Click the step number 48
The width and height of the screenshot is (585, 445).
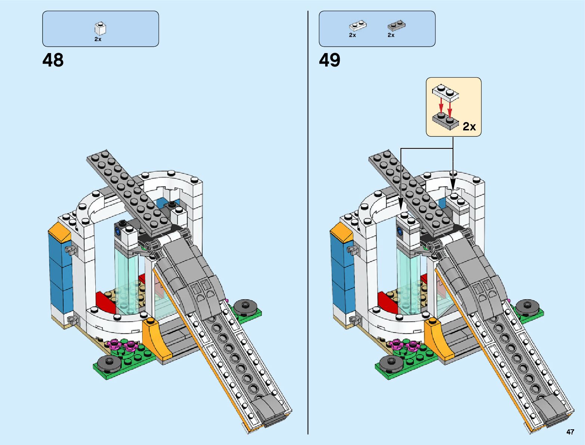tap(53, 60)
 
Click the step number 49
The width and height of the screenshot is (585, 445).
tap(329, 60)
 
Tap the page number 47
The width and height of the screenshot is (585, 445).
tap(570, 432)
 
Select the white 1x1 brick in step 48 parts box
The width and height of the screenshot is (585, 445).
tap(100, 28)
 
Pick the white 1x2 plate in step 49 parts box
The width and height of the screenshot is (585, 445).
tap(357, 26)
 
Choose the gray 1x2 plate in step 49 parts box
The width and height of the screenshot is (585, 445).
tap(396, 26)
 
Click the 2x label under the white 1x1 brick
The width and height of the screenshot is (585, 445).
tap(98, 39)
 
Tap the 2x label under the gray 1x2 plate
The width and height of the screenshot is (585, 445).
tap(391, 35)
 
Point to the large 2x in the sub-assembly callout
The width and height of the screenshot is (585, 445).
tap(469, 127)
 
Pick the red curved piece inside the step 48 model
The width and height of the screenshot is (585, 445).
tap(106, 301)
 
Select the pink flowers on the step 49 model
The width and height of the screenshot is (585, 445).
tap(404, 345)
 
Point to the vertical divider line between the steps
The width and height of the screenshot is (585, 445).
tap(308, 224)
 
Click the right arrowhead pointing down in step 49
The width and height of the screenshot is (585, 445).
tap(453, 185)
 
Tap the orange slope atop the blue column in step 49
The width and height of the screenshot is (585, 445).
tap(341, 232)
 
